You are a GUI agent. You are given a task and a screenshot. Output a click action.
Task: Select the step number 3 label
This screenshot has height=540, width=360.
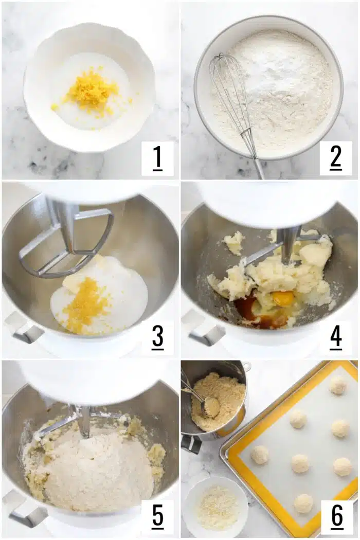coord(157,337)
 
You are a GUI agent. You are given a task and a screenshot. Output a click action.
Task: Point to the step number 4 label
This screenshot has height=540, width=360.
coord(336,337)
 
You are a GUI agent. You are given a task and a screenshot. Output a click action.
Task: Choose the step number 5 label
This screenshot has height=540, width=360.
coord(157,516)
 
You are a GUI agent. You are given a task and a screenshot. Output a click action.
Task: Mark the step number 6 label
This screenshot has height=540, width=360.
coord(336,516)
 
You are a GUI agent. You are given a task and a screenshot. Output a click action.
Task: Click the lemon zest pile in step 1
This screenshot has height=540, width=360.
coord(92,94)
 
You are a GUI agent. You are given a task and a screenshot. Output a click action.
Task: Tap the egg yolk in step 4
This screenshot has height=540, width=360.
coord(283,298)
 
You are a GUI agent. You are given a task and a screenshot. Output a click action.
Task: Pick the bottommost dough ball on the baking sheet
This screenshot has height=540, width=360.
coord(303,503)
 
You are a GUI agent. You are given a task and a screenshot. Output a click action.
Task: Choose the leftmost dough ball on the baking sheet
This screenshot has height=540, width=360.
coord(260,455)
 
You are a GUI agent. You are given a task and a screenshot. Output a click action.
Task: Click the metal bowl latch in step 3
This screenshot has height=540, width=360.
coord(23,330)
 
